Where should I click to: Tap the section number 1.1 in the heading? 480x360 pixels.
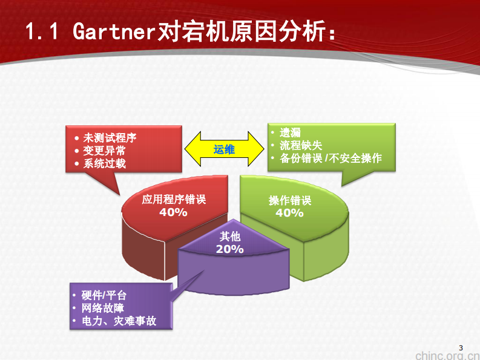coord(42,31)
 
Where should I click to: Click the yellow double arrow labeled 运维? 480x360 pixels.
coord(224,149)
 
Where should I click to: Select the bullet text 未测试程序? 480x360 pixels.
coord(110,138)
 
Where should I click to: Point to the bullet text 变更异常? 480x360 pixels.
coord(104,151)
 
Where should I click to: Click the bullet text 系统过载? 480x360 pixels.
coord(104,163)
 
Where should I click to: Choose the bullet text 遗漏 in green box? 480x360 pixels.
coord(291,133)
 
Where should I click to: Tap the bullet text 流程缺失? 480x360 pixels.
coord(301,145)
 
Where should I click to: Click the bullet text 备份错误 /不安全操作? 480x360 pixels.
coord(330,158)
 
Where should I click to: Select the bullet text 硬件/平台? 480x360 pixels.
coord(104,295)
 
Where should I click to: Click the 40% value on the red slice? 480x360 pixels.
coord(173,212)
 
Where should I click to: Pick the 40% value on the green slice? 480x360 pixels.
coord(289,213)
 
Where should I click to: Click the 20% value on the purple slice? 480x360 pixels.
coord(230,249)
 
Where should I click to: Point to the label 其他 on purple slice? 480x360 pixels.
coord(230,237)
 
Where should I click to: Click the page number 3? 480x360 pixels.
coord(461,347)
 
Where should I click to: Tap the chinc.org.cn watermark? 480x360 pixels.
coord(447,355)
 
